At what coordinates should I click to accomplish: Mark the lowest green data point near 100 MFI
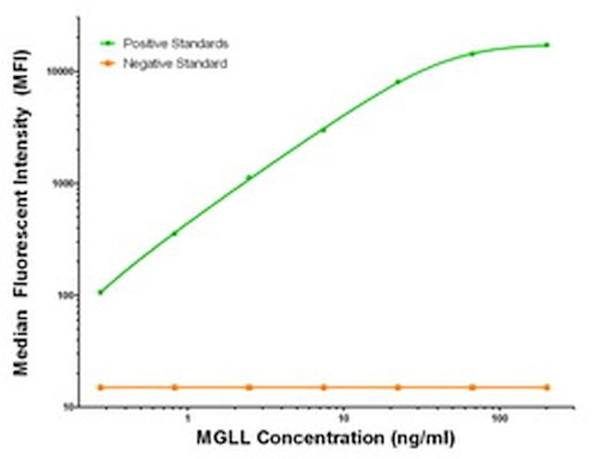pyautogui.click(x=100, y=292)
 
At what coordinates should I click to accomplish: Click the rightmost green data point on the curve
pyautogui.click(x=547, y=45)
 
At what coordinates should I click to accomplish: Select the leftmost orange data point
pyautogui.click(x=100, y=387)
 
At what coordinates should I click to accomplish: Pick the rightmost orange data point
pyautogui.click(x=547, y=387)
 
